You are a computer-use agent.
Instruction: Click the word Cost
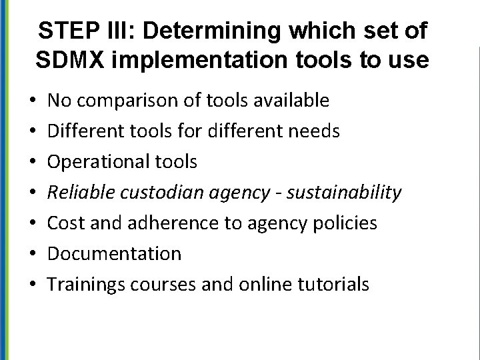tap(67, 223)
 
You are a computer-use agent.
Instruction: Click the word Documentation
tap(115, 254)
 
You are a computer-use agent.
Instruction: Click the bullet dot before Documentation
tap(33, 254)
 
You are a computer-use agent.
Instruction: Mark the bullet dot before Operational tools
tap(33, 162)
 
